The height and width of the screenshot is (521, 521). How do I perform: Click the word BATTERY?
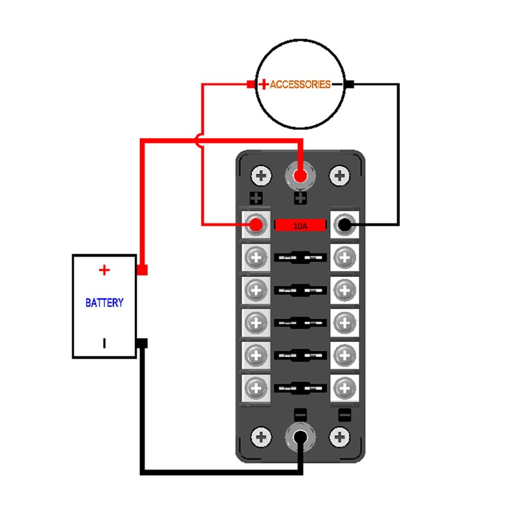click(104, 303)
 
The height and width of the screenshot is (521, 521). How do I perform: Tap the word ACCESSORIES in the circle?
click(300, 85)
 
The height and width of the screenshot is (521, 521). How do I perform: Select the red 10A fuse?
click(300, 225)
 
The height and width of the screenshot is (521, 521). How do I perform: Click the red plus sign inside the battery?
click(104, 270)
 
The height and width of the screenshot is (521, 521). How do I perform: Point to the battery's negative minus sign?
click(104, 343)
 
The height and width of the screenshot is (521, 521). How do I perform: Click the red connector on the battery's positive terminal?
click(142, 270)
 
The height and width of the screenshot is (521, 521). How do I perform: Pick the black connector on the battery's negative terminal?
click(142, 343)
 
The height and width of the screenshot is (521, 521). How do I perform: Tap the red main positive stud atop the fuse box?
click(300, 175)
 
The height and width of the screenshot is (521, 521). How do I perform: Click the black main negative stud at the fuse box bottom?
click(300, 437)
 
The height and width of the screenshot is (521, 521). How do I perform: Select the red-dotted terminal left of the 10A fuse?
click(256, 225)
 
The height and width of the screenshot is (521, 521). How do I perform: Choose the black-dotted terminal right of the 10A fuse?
click(345, 225)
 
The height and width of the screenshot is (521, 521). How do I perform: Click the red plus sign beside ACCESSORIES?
click(264, 84)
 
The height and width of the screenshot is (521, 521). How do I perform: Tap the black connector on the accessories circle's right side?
click(350, 85)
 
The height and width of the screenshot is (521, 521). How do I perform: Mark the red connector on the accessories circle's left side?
click(251, 85)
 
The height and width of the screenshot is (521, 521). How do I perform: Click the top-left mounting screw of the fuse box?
click(261, 175)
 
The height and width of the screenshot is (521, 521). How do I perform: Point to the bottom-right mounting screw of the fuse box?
click(339, 437)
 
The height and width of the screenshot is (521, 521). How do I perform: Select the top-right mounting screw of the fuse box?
click(339, 175)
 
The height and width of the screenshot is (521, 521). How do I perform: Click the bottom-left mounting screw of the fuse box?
click(261, 437)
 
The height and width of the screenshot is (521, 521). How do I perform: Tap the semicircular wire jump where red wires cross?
click(199, 141)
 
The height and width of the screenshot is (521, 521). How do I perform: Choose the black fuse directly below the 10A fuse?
click(300, 257)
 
